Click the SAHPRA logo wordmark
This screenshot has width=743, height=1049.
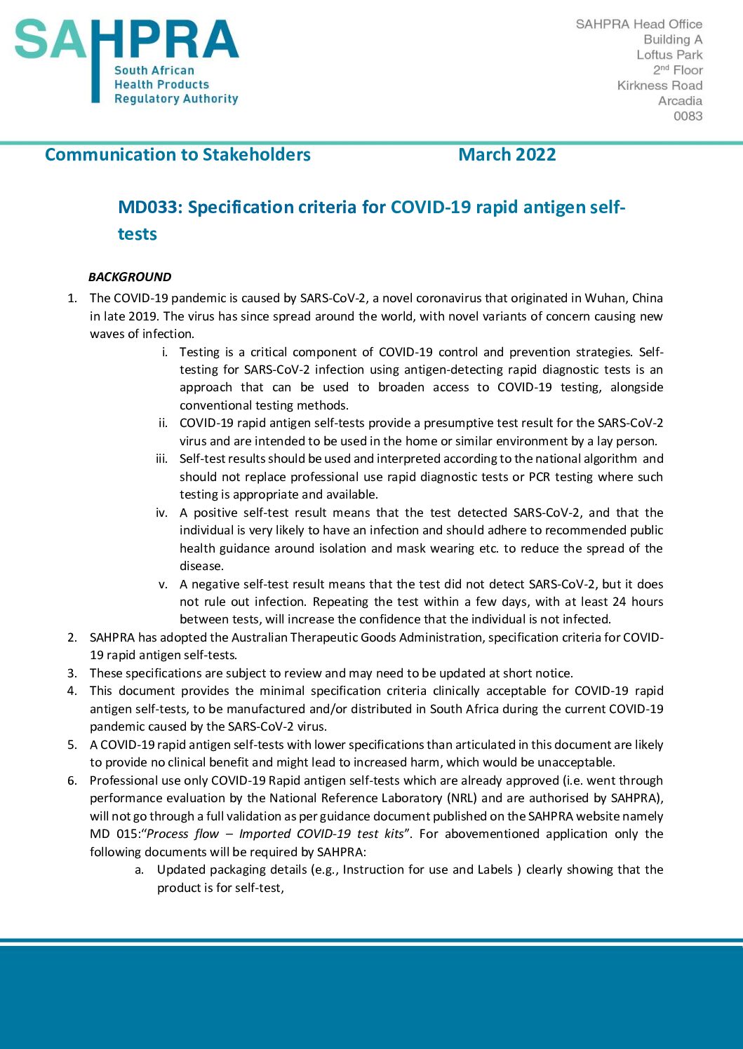tap(126, 41)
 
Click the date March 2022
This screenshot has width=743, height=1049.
tap(507, 155)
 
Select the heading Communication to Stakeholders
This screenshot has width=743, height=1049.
tap(178, 155)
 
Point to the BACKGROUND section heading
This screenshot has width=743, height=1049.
tap(130, 277)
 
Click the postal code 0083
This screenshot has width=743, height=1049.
tap(688, 116)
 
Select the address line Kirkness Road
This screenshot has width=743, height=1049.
tap(660, 86)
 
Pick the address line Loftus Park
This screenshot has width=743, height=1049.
tap(669, 55)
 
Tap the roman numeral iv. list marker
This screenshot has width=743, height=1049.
tap(161, 513)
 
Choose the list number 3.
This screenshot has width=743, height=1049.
tap(72, 673)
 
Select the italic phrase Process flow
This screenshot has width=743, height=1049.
tap(182, 834)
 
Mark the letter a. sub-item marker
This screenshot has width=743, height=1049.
tap(140, 869)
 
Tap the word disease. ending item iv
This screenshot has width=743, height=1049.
tap(201, 566)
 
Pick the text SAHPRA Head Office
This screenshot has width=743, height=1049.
tap(638, 24)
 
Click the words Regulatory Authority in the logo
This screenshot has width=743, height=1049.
tap(176, 99)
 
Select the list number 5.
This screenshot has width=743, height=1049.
tap(72, 745)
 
